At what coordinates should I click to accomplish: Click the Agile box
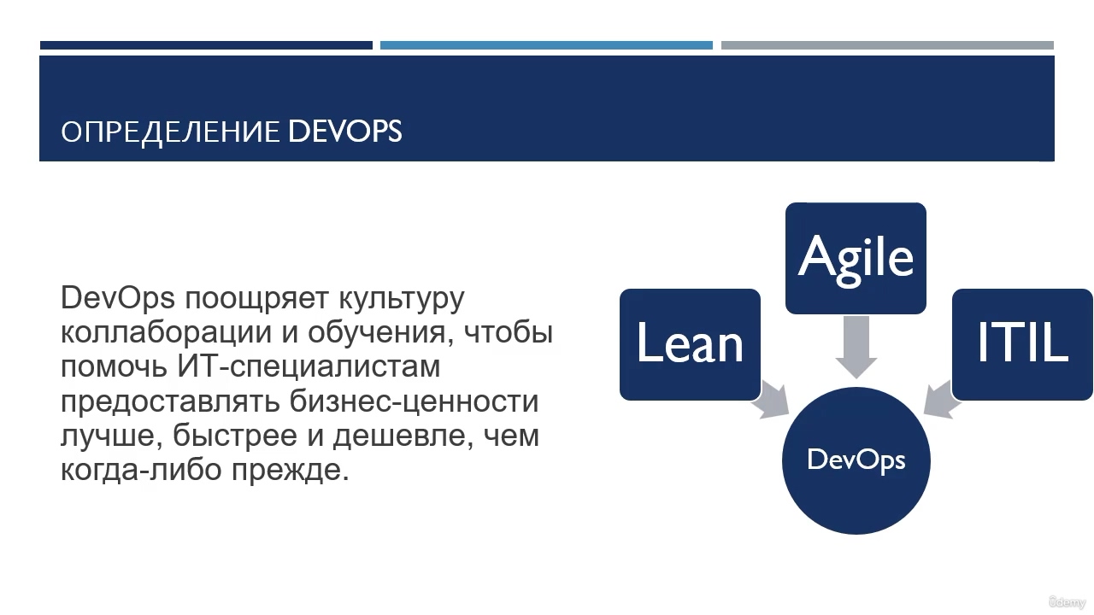coord(856,258)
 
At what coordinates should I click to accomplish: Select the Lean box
coord(690,344)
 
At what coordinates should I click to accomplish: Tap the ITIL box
coord(1022,344)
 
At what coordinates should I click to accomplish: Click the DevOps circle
coord(856,460)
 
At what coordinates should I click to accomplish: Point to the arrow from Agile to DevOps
coord(856,347)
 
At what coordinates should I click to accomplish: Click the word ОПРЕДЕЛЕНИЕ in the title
coord(170,132)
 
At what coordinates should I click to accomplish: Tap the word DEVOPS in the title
coord(344,131)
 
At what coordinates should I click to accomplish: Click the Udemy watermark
coord(1068,602)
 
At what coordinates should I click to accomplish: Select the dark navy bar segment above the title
coord(206,45)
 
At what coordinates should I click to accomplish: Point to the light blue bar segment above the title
coord(546,45)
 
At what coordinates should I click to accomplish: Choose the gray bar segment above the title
coord(887,45)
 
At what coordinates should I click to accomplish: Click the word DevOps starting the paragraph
coord(118,298)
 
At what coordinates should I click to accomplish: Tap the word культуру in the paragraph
coord(402,299)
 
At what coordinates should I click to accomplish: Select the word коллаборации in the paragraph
coord(166,333)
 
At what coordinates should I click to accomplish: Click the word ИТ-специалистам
coord(309,367)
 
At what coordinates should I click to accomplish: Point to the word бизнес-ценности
coord(415,401)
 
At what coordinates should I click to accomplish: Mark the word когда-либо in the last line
coord(141,470)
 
